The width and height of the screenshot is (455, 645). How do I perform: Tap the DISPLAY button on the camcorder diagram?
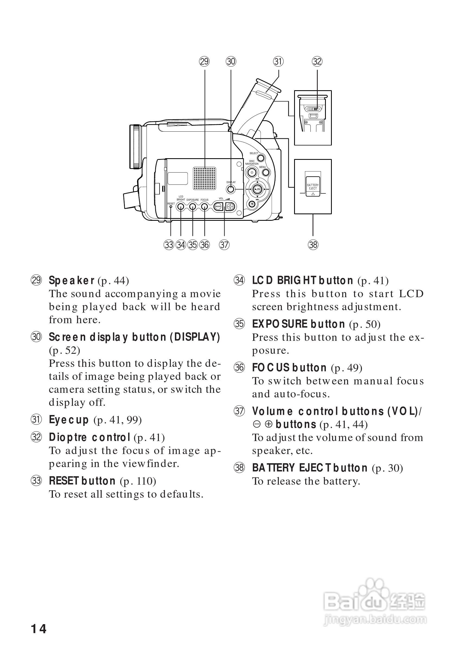click(x=231, y=189)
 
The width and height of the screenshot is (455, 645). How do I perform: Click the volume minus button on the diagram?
click(x=218, y=207)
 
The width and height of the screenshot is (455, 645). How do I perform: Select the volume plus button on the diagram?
click(x=230, y=207)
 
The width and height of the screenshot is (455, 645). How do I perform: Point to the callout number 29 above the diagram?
click(x=204, y=61)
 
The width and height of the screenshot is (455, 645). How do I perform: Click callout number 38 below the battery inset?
click(x=313, y=245)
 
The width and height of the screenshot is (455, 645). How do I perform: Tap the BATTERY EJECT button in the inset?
click(x=313, y=186)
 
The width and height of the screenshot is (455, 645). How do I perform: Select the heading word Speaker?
click(x=71, y=280)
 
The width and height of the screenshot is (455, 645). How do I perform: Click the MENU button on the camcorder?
click(x=266, y=172)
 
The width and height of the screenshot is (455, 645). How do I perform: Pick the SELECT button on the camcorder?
click(x=261, y=158)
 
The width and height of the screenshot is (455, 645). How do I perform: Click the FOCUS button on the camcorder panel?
click(x=205, y=207)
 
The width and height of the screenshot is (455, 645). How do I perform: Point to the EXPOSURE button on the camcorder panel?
click(x=192, y=207)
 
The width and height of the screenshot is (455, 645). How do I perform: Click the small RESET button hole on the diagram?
click(x=171, y=207)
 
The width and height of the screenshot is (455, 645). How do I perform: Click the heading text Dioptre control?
click(x=90, y=437)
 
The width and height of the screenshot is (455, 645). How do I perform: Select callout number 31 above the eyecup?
click(x=278, y=61)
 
